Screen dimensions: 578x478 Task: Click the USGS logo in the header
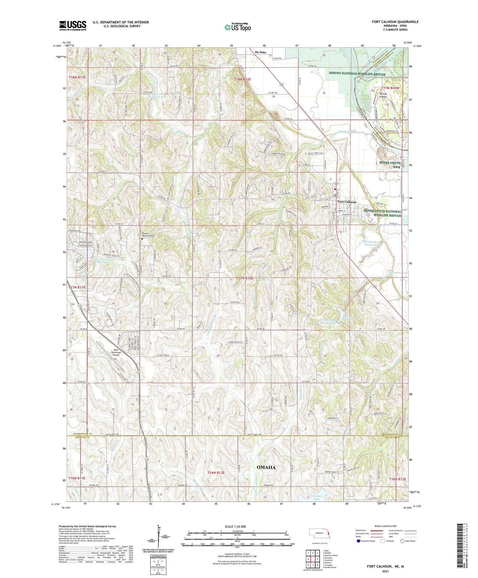73,25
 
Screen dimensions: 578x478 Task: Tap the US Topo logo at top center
238,27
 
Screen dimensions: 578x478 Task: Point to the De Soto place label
260,52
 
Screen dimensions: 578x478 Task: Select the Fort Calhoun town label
347,202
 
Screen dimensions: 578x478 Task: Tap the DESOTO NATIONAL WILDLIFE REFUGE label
357,73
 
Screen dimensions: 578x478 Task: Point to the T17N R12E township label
241,278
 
